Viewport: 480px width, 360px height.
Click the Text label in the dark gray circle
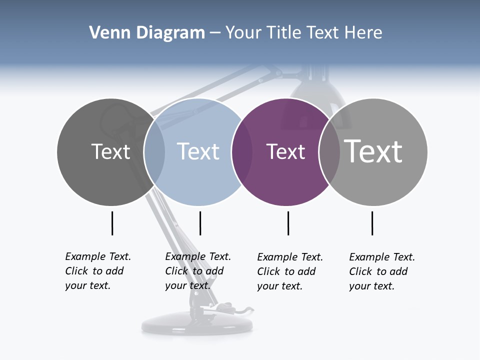pos(110,151)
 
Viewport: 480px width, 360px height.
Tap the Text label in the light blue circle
pos(198,151)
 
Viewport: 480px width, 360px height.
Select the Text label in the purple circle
pos(285,151)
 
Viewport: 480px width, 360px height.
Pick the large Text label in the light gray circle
pos(373,151)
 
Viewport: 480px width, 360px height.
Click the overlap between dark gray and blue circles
pos(154,152)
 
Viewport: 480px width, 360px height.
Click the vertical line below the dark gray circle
pos(112,223)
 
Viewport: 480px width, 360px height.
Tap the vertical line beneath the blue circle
pos(200,223)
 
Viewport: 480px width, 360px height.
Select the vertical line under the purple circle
pos(288,223)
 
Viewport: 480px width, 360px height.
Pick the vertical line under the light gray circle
pos(372,223)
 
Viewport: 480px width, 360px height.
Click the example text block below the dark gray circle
pos(98,271)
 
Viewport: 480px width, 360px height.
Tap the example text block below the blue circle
pos(198,271)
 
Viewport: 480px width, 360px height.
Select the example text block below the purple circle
pos(290,271)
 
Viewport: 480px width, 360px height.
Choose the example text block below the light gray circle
pos(382,271)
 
